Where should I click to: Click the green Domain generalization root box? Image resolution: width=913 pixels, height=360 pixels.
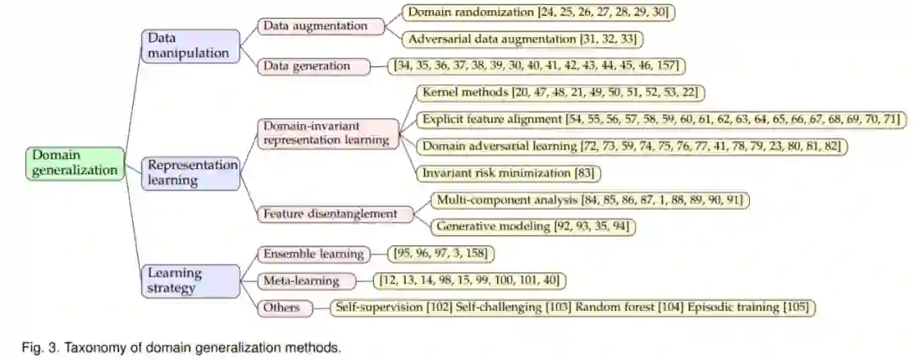click(74, 162)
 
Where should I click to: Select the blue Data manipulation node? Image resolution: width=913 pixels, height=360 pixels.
click(188, 46)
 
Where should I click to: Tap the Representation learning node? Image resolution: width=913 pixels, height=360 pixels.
click(190, 172)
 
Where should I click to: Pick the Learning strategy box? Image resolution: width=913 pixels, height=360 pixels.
click(187, 280)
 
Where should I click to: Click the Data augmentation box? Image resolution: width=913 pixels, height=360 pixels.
click(314, 26)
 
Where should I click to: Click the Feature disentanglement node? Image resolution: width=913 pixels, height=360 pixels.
click(330, 214)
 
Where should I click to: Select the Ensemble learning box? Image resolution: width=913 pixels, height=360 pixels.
click(313, 254)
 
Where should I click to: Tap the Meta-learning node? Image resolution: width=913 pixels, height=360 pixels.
click(300, 281)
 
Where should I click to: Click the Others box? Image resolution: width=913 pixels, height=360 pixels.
click(282, 308)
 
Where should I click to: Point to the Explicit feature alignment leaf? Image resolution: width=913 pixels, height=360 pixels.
click(660, 119)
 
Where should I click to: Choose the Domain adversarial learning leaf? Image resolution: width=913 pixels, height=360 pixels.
click(631, 146)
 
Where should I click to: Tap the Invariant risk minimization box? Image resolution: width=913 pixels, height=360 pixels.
click(508, 173)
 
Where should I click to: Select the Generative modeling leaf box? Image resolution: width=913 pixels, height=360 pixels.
click(532, 226)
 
